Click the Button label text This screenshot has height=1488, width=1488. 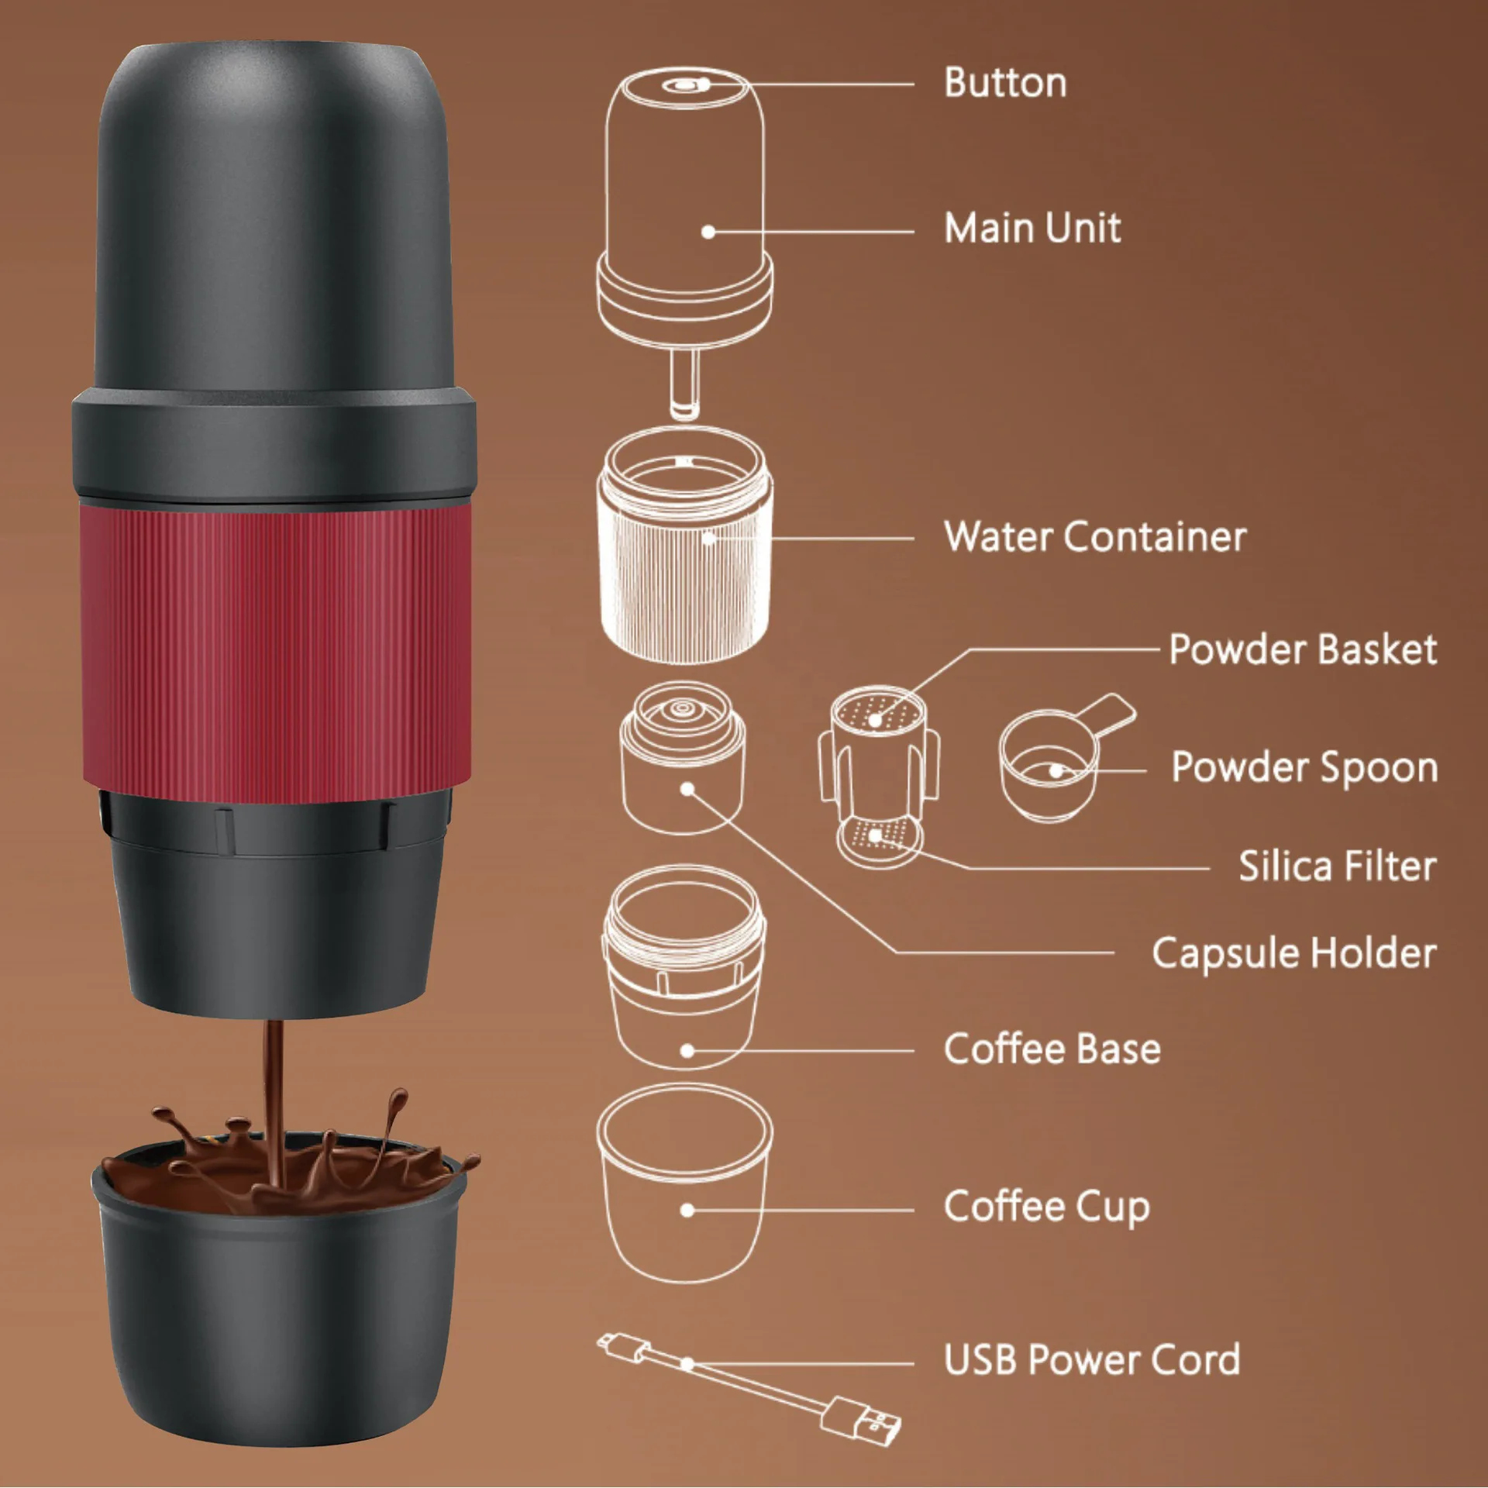[1004, 83]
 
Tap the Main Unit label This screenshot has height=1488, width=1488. [1032, 229]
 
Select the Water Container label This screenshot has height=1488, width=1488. [1094, 536]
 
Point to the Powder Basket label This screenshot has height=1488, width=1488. [1302, 649]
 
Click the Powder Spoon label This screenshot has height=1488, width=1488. [1304, 767]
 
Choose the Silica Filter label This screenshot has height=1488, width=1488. [1337, 866]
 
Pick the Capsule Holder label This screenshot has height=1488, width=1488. [1293, 952]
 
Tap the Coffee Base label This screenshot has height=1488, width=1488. [1052, 1049]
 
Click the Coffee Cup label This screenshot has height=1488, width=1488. [1046, 1207]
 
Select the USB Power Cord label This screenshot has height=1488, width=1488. [1091, 1359]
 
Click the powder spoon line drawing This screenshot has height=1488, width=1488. [1054, 763]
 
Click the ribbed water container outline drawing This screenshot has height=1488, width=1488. [684, 573]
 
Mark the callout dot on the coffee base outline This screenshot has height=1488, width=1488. [687, 1051]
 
